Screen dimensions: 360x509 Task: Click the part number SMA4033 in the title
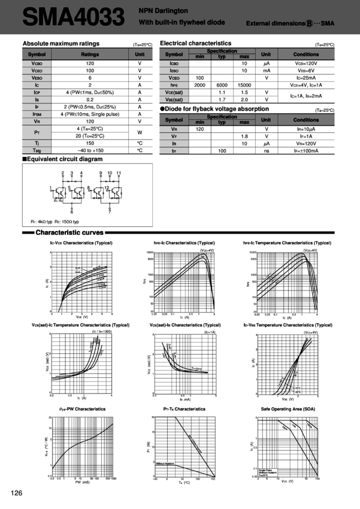coord(73,17)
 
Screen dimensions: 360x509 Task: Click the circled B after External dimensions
coord(309,23)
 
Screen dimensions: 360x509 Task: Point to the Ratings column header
coord(89,54)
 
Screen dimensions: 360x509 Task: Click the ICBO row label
coord(174,63)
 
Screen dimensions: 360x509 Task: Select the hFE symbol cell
coord(174,84)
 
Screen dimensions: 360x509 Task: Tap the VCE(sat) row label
coord(174,92)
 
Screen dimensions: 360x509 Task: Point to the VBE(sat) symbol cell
coord(174,99)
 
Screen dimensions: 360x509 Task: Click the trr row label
coord(174,150)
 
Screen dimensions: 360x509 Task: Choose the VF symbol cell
coord(174,136)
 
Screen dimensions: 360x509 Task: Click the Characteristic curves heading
coord(70,232)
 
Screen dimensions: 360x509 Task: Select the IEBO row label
coord(174,70)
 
